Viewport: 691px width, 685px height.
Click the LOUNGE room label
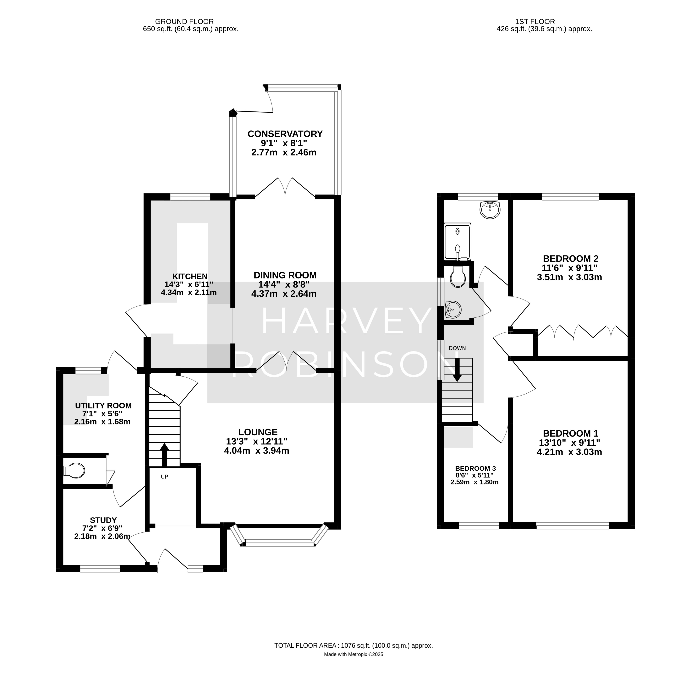[258, 432]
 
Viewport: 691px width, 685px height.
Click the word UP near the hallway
[164, 477]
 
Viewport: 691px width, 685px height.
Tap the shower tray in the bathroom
[457, 242]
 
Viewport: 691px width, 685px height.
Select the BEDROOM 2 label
[570, 258]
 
